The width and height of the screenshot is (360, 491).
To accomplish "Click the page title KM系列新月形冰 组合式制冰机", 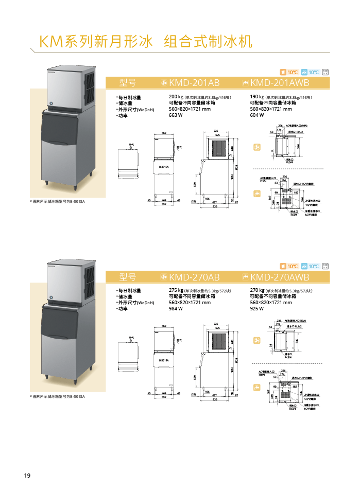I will point(146,41).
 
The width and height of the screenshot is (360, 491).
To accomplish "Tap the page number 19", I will point(27,475).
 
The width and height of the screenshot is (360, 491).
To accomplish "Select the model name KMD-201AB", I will point(194,83).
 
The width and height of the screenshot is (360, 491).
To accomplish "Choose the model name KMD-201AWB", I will point(279,83).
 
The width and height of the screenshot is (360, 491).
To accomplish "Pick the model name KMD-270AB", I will point(194,277).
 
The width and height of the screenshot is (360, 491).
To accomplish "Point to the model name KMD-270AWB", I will point(279,277).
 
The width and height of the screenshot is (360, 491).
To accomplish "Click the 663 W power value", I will point(176,115).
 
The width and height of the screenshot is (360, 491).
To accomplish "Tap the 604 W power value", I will point(257,115).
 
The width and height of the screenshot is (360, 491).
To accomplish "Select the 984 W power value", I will point(176,309).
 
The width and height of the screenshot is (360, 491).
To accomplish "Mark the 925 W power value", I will point(257,309).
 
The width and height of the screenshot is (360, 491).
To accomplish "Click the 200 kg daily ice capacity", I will point(176,97).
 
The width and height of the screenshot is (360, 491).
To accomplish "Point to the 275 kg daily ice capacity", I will point(176,290).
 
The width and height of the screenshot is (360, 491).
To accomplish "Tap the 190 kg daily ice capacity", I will point(257,97).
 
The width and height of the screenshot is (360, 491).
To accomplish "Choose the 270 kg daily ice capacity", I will point(257,290).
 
